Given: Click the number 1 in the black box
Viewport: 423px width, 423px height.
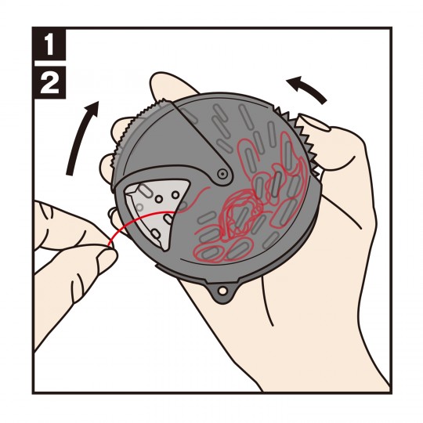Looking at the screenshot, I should [x=49, y=46].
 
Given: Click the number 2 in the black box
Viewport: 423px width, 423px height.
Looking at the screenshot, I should [x=49, y=82].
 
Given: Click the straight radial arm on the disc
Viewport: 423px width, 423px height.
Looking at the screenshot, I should [x=201, y=141].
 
